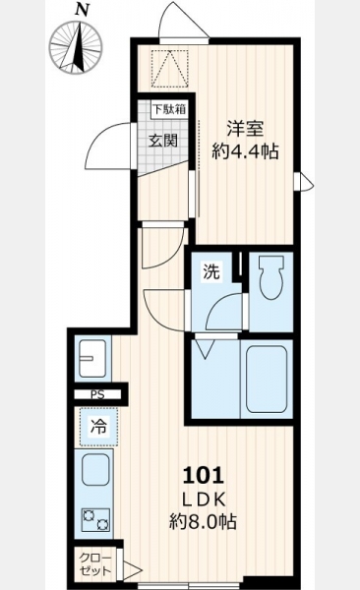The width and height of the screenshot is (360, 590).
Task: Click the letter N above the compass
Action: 81,10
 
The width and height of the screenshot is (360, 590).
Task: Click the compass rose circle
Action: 76,48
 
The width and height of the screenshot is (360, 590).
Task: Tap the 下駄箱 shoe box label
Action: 169,109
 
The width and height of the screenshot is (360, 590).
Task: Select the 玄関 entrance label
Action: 162,141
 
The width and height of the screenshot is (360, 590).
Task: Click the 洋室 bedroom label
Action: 245,129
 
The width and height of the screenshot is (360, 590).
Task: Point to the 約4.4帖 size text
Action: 245,151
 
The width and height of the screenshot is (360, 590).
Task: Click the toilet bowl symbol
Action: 270,277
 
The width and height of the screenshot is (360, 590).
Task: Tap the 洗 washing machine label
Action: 211,271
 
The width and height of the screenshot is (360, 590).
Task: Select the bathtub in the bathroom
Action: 267,380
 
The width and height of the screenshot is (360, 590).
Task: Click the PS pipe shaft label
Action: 98,394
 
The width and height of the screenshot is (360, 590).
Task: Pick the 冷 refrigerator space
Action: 98,427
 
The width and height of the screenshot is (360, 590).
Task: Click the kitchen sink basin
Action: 95,470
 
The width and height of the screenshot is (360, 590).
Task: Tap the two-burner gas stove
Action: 95,519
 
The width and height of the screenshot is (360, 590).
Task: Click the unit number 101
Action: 204,475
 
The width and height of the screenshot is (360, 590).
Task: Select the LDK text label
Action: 204,500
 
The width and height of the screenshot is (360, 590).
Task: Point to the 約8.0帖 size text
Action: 203,522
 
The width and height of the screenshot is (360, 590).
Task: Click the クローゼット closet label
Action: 96,564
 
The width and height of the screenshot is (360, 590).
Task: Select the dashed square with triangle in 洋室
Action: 169,69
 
